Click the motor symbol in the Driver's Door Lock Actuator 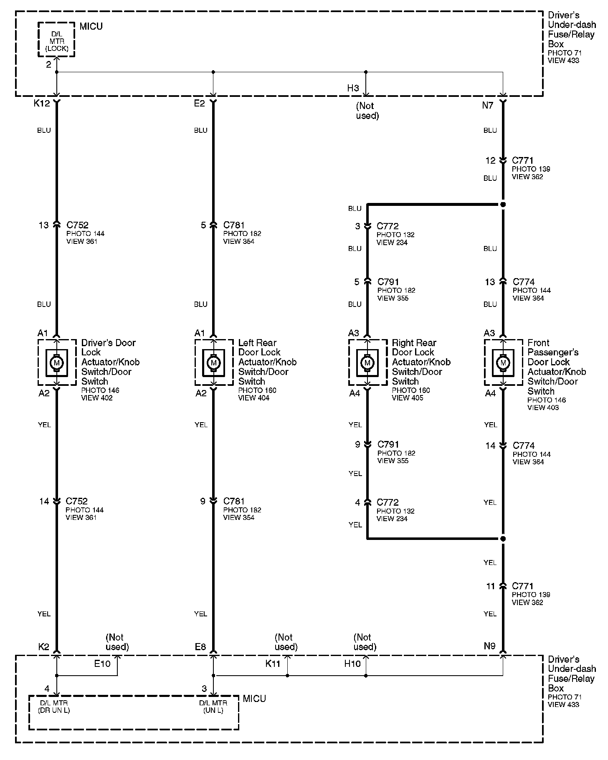57,363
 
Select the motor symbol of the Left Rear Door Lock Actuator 214,363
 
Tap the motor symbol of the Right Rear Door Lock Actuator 367,363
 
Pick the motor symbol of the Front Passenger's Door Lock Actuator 503,363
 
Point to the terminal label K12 42,103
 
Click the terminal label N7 488,105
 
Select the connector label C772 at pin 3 388,226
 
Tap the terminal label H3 353,88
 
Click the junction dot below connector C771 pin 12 503,205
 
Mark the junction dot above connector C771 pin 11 503,539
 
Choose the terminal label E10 102,664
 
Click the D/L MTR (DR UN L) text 54,707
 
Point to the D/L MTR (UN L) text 213,707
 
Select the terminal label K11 273,664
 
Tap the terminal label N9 489,646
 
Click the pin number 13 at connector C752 43,225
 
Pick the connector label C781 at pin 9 234,501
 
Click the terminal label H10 352,664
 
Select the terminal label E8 200,647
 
